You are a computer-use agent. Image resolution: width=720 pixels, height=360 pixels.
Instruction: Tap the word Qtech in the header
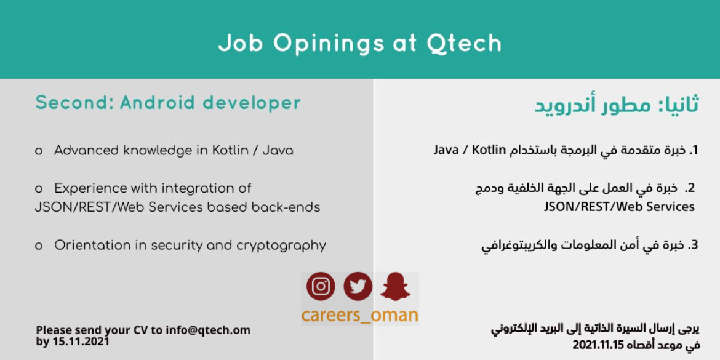pos(464,43)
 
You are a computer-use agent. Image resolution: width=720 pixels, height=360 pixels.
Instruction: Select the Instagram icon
pos(321,286)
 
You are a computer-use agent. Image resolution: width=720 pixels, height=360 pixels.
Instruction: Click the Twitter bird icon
pos(358,286)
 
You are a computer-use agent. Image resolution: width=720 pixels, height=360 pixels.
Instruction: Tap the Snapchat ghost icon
pos(395,286)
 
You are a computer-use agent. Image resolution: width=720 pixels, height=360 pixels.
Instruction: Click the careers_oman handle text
pos(360,316)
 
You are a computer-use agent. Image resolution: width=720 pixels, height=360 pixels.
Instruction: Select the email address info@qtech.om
pos(208,330)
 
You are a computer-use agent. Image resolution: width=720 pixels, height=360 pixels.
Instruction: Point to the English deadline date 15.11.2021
pos(81,342)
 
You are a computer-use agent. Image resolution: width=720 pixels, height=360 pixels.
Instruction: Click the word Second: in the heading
pos(74,103)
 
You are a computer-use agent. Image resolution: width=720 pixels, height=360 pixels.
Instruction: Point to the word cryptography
pos(281,246)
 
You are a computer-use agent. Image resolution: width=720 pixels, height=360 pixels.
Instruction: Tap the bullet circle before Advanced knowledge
pos(39,151)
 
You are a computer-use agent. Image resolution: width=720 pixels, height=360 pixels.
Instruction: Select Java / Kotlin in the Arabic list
pos(470,150)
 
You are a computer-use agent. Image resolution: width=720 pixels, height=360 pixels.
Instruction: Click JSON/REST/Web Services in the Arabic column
pos(619,207)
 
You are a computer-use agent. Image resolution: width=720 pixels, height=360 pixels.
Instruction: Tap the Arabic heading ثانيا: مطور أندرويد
pos(616,105)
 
